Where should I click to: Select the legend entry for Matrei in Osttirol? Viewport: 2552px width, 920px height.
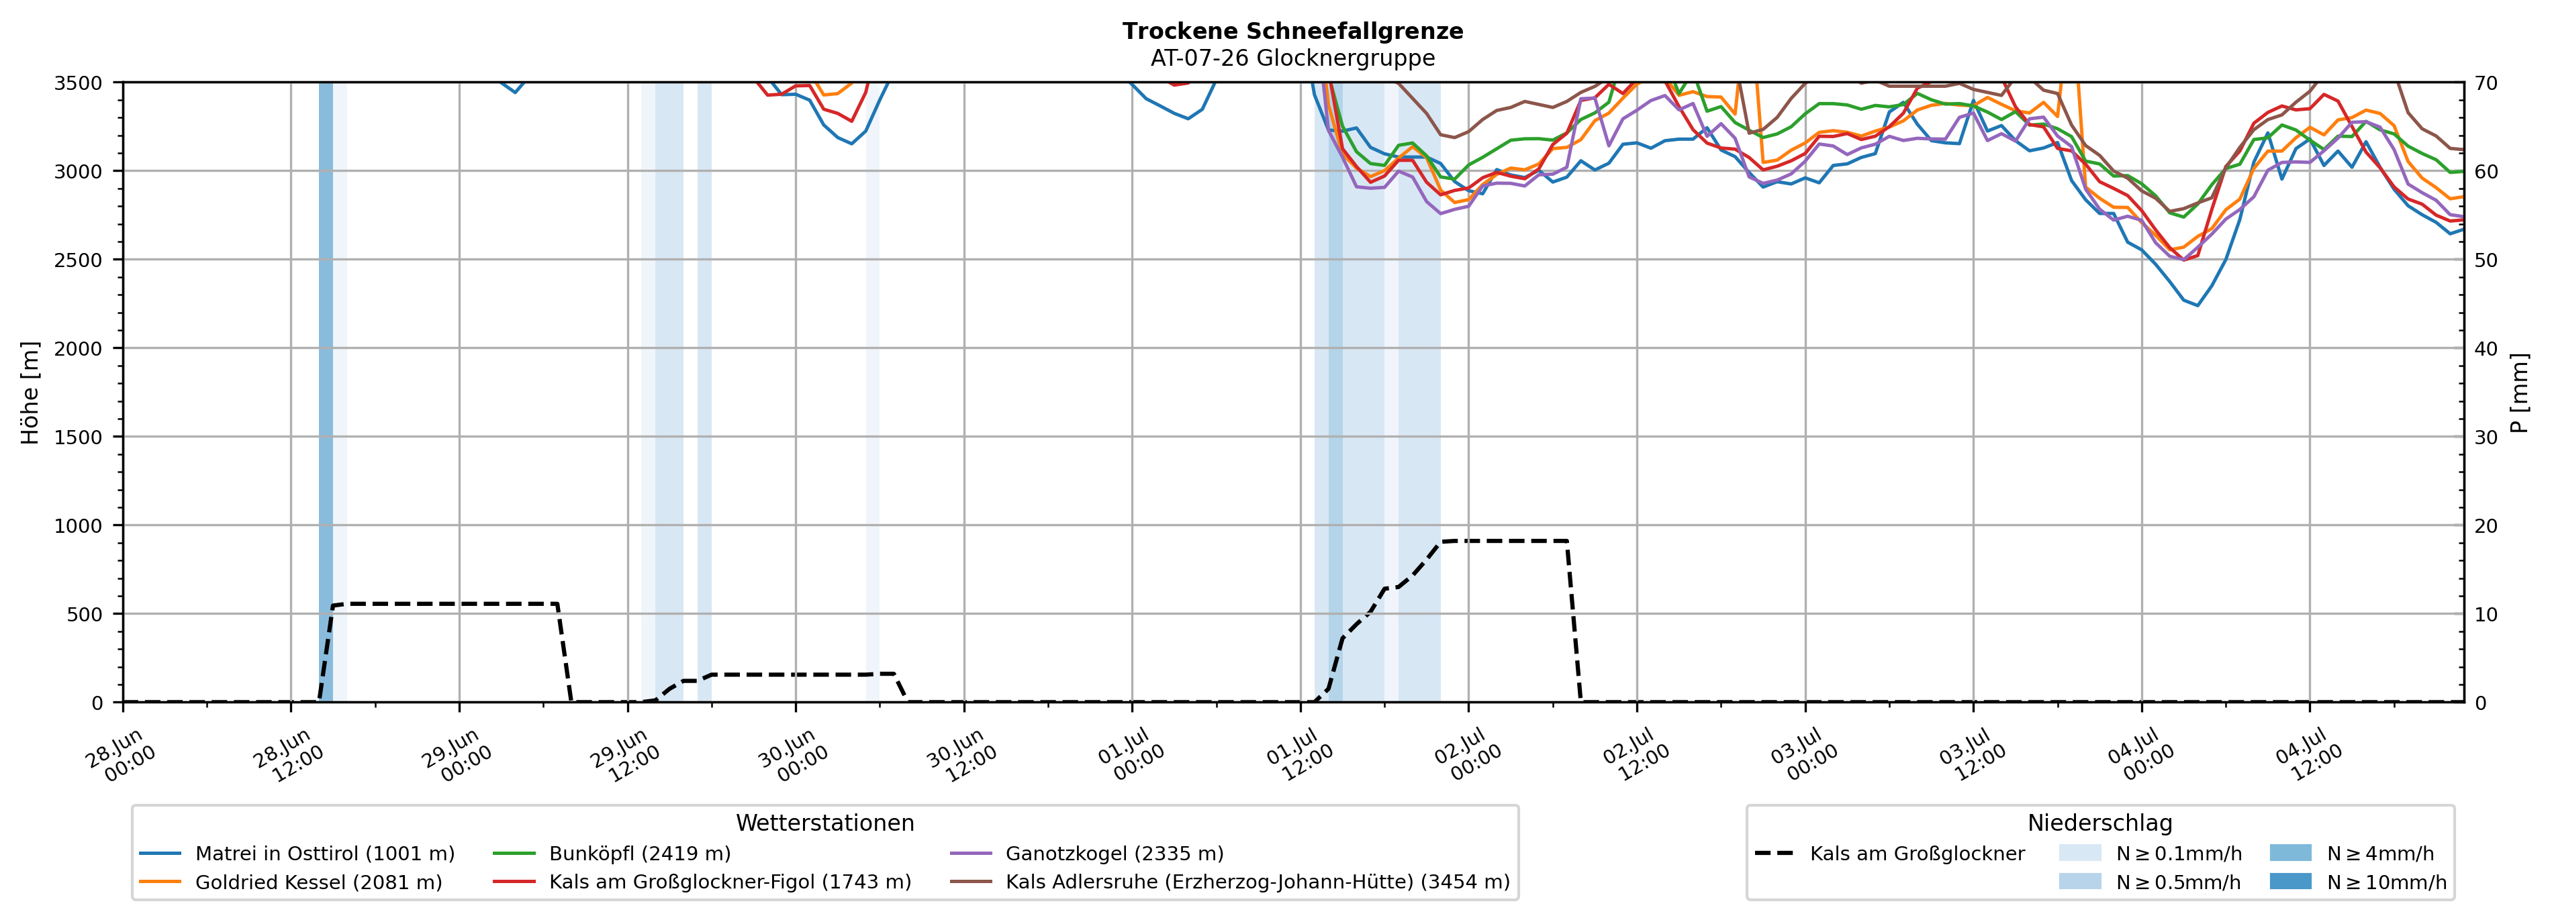[297, 854]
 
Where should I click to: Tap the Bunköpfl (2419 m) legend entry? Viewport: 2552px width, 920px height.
[612, 854]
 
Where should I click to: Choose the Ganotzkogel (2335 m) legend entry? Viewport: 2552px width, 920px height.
[1087, 854]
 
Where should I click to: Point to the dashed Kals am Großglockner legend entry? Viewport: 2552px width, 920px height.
[1889, 854]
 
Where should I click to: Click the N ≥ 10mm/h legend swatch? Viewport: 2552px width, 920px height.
[2290, 881]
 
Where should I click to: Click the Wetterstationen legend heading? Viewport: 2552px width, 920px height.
[825, 823]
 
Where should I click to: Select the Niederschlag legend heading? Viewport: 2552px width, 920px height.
[2100, 823]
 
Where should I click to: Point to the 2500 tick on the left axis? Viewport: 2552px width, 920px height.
[79, 260]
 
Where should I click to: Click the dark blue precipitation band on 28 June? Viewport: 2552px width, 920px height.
[326, 392]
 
